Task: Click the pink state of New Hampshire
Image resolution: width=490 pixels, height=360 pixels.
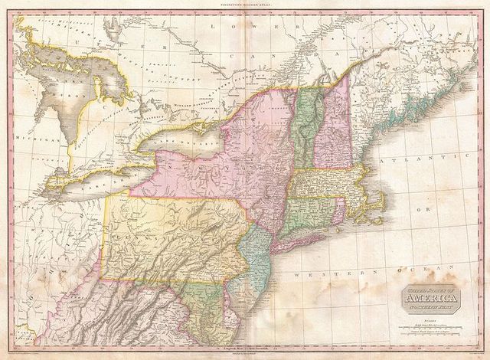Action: (330, 130)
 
